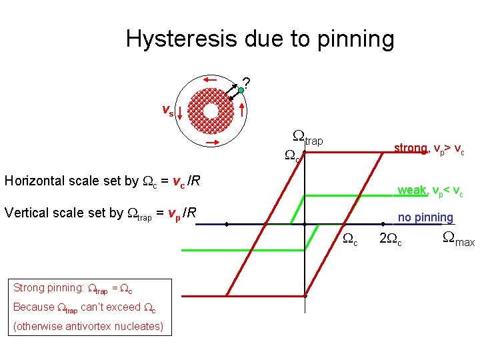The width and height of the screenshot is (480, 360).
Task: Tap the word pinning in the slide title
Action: coord(353,40)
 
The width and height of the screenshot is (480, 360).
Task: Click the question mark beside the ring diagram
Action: coord(246,83)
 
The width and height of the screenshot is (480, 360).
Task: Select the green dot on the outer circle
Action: coord(241,89)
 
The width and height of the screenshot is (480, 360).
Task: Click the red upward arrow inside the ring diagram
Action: coord(243,111)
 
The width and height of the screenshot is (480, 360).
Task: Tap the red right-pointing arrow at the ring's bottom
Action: coord(213,142)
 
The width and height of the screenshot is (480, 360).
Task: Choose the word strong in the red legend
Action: coord(410,148)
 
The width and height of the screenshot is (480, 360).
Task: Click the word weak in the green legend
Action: coord(412,191)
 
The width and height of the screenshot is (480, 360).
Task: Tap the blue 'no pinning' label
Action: coord(425,217)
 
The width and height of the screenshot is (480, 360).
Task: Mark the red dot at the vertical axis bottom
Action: coord(305,295)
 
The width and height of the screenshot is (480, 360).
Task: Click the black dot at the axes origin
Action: coord(305,225)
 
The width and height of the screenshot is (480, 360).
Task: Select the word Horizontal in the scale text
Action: coord(35,181)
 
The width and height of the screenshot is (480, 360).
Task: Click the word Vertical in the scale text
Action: coord(27,213)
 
